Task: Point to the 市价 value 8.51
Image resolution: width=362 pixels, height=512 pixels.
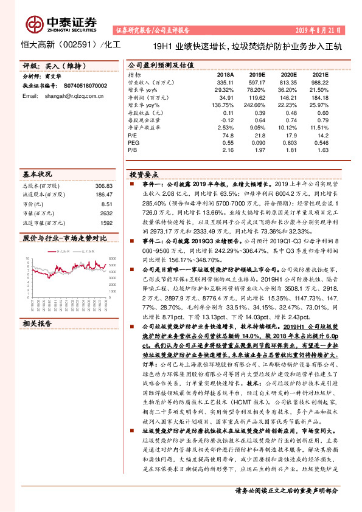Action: point(107,204)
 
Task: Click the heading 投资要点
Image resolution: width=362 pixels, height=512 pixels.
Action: point(142,174)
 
